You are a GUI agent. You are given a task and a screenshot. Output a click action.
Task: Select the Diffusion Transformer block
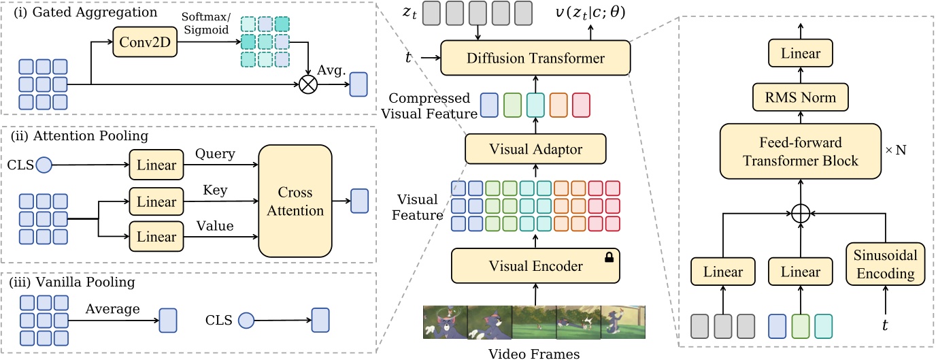[536, 58]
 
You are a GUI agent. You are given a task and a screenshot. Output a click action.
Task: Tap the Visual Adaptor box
[536, 148]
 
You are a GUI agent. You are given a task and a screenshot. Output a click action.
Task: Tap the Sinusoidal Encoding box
[885, 263]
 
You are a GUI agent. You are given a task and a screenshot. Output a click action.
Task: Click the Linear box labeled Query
[156, 164]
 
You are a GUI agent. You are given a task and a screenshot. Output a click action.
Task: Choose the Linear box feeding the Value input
[156, 237]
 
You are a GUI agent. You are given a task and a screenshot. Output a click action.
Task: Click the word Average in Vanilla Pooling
[112, 309]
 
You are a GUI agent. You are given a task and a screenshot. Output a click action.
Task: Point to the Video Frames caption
[535, 353]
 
